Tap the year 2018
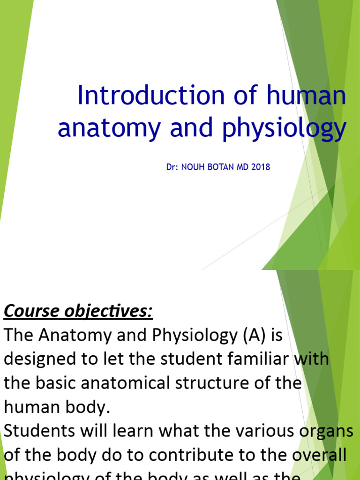[x=261, y=167]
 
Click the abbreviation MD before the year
[x=244, y=167]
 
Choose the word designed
[x=38, y=360]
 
